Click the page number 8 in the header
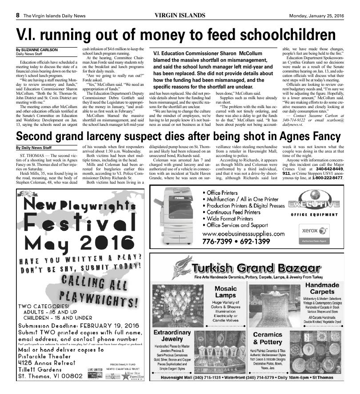(x=18, y=15)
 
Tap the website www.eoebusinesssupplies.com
(x=243, y=233)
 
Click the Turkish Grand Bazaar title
(x=256, y=268)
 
